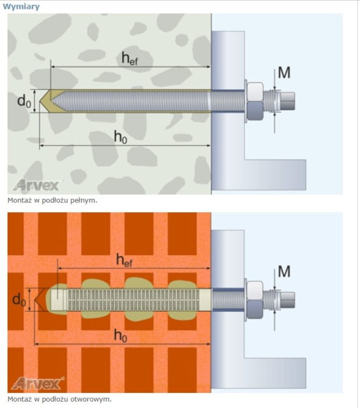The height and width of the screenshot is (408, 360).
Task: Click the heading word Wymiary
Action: [x=21, y=6]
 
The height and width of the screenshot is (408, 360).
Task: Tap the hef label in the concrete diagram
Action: [x=130, y=58]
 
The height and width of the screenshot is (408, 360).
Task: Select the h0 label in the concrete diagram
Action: [x=121, y=137]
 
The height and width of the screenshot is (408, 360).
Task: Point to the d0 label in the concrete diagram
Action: [x=24, y=101]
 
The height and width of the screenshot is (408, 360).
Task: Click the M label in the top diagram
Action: [x=284, y=73]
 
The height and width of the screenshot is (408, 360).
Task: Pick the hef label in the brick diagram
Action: [x=124, y=261]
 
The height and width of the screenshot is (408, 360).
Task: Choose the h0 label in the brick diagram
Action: [x=121, y=336]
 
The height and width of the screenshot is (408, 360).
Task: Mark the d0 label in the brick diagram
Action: [x=19, y=300]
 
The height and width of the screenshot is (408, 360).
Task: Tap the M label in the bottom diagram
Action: [x=284, y=272]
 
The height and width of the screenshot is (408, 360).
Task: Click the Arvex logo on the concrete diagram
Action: [x=37, y=185]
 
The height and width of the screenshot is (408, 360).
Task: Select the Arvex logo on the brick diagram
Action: [x=37, y=384]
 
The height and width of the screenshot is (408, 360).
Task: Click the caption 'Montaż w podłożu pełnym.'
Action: [x=52, y=201]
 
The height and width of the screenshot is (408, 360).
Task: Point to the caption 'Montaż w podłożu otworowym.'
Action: [x=59, y=399]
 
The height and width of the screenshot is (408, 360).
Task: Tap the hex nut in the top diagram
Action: [x=255, y=101]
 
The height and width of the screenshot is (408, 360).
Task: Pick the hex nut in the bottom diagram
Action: [x=255, y=300]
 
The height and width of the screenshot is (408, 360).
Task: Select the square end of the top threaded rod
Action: [x=287, y=101]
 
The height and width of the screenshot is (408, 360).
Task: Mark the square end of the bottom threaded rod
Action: [x=287, y=300]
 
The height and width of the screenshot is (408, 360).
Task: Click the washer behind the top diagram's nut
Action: [x=245, y=101]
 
